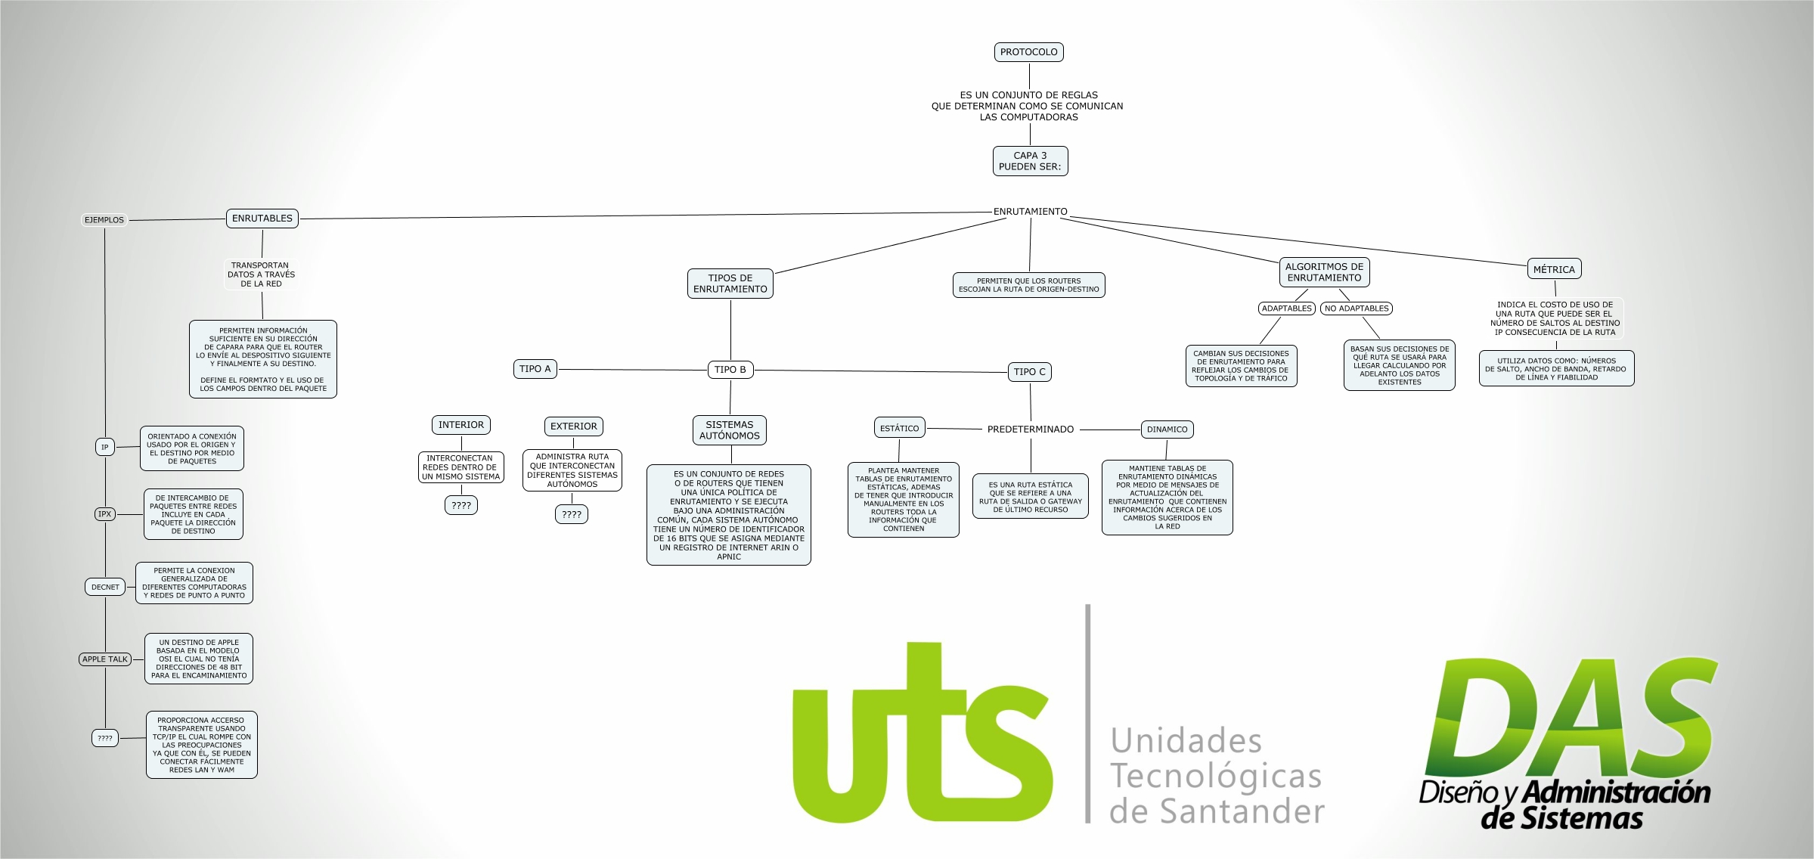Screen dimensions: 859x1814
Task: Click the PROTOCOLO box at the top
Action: click(1028, 52)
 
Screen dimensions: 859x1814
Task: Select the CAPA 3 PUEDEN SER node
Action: click(1030, 161)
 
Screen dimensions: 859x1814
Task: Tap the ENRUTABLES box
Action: click(262, 219)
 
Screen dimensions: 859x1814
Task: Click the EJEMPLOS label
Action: click(104, 220)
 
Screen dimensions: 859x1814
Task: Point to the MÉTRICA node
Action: click(1554, 269)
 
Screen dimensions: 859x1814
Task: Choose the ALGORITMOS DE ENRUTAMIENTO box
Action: click(1324, 272)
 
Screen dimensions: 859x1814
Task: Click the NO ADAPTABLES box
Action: click(1357, 309)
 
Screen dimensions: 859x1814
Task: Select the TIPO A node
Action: click(535, 369)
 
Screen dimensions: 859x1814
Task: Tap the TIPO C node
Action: click(1029, 372)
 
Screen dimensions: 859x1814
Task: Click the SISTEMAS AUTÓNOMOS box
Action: click(729, 430)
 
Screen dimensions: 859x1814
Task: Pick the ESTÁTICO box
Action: click(899, 429)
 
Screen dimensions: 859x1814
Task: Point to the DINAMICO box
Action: click(1167, 429)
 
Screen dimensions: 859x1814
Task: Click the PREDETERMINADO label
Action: click(1030, 429)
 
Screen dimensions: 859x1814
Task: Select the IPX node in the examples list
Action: click(104, 514)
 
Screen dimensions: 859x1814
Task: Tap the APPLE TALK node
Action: click(105, 659)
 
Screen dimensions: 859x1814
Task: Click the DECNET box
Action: click(105, 587)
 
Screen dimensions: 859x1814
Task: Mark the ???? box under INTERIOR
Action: click(460, 506)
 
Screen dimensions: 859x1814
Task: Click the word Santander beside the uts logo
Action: click(1242, 812)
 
